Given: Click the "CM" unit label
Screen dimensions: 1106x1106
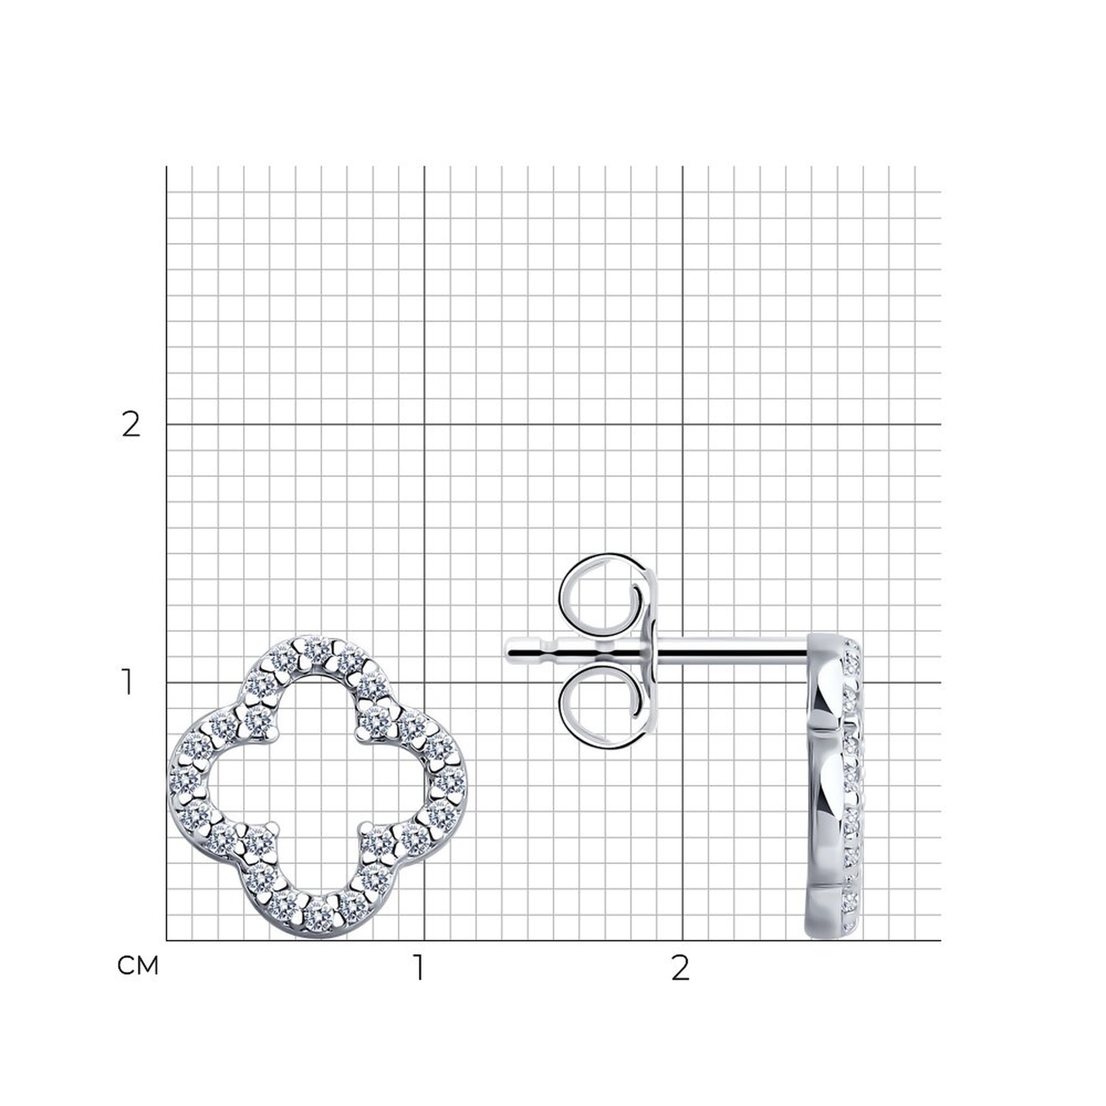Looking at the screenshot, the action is click(137, 966).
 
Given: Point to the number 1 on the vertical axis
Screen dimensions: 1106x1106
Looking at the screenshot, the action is click(128, 683).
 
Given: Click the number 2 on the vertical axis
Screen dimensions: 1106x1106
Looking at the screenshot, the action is click(131, 425).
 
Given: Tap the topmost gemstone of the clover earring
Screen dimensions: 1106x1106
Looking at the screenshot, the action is click(316, 649).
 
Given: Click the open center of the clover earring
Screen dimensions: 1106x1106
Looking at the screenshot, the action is click(318, 784).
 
